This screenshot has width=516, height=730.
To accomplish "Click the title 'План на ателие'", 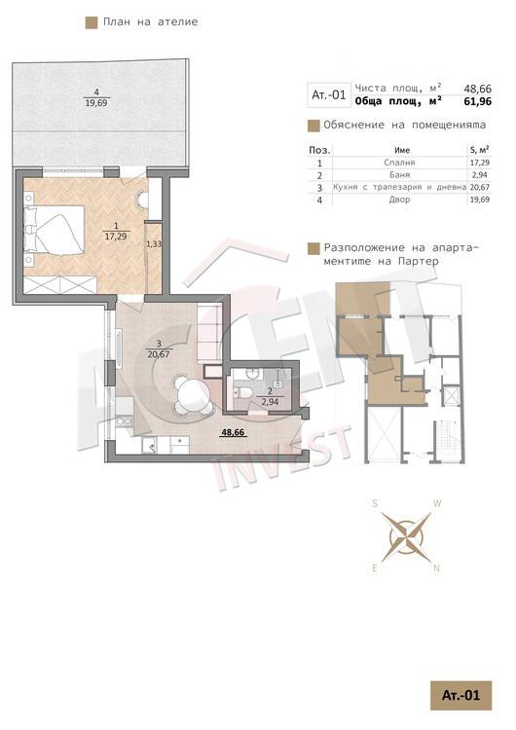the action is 150,21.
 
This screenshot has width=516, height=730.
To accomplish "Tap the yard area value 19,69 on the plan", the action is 96,103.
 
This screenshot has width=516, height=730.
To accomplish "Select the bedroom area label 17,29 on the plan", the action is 116,237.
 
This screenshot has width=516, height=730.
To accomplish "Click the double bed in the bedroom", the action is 54,236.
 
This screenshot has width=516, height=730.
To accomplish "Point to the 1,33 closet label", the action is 154,243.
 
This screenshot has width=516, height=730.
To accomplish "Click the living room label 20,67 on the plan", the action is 159,354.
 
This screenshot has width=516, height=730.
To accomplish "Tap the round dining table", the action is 191,391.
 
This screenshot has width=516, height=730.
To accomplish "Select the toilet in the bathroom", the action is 242,392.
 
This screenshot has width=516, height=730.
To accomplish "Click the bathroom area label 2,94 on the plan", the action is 270,401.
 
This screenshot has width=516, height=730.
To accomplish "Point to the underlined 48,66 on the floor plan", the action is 233,432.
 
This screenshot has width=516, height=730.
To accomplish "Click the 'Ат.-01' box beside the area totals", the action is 329,95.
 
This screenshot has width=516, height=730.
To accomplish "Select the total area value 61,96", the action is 477,101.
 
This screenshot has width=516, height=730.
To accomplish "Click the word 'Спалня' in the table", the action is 399,163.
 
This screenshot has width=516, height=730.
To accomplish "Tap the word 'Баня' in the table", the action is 399,175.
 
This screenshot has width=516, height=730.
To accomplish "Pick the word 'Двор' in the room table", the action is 399,200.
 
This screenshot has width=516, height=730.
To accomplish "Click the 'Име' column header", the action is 402,150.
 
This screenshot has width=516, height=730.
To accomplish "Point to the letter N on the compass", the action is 437,568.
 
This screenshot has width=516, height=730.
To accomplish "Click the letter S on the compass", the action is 375,503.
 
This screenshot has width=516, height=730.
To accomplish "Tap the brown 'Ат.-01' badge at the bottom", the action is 461,696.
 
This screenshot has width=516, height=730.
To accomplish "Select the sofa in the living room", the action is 209,334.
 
